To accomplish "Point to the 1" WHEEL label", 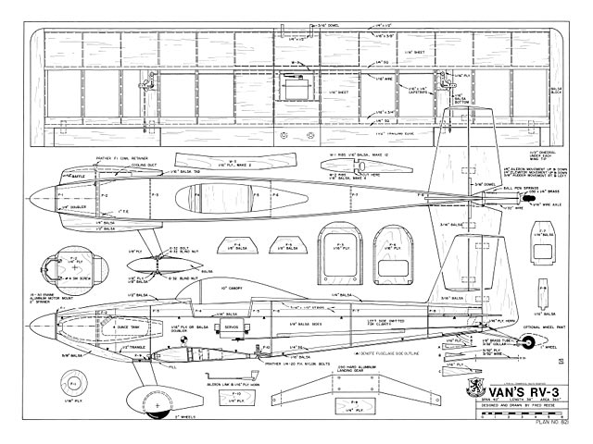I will click(538, 351).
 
